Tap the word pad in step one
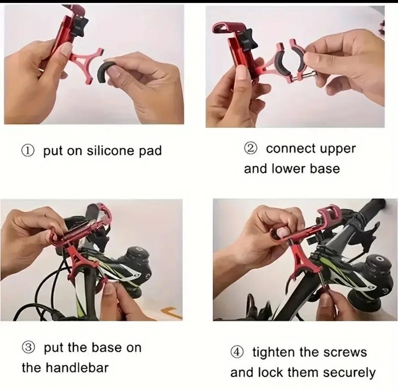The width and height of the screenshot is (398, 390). click(x=150, y=151)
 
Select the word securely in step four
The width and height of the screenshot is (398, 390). click(x=349, y=373)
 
